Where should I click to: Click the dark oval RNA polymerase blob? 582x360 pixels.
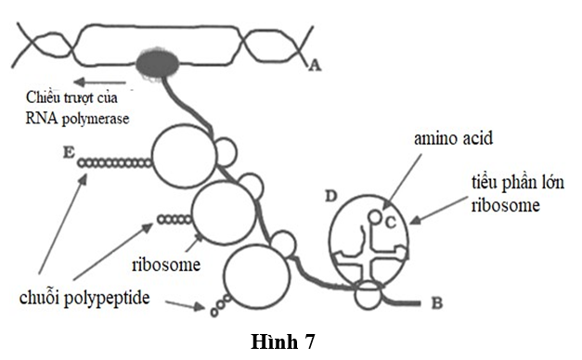[x=160, y=64]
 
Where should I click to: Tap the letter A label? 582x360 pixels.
[x=313, y=65]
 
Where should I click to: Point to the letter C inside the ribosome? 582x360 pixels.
[x=392, y=221]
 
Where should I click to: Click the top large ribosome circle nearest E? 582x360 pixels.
[x=183, y=156]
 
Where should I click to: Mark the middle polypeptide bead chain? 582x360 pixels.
[x=175, y=220]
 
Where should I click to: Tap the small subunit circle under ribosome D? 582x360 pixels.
[x=369, y=297]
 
